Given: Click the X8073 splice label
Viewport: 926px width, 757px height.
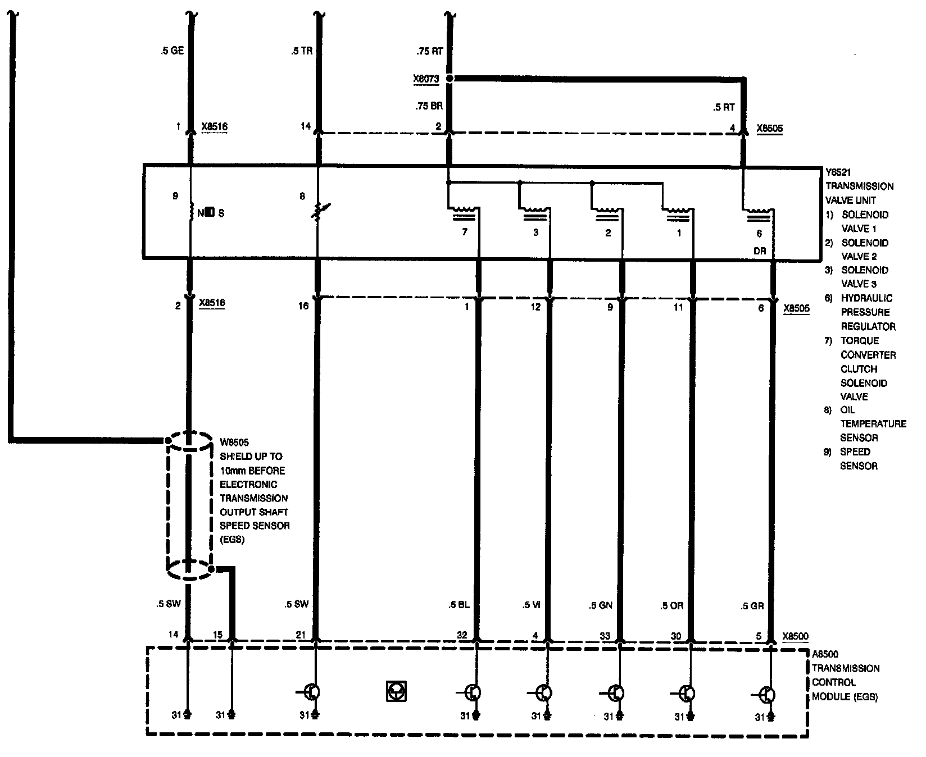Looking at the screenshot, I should pos(425,79).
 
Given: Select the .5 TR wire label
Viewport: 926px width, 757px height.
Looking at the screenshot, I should pos(302,51).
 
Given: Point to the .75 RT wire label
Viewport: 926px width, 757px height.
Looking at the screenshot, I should pos(430,51).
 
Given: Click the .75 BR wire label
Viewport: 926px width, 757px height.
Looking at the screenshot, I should pos(429,106).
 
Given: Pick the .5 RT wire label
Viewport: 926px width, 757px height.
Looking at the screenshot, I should pos(723,107).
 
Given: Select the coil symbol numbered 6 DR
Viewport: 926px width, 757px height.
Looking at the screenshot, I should pos(760,213).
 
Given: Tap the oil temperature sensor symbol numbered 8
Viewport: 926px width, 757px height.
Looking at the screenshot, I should pos(318,212).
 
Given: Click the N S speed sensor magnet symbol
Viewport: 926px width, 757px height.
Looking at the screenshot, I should pos(209,213).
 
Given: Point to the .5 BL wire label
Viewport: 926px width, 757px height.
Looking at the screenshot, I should pos(459,605).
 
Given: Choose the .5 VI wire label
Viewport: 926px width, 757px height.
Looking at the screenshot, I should pos(531,605).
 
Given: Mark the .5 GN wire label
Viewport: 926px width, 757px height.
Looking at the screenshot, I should pos(601,605).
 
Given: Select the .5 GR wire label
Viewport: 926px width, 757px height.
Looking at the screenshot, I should pos(752,606).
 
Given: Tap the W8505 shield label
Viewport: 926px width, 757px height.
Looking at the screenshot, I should pos(234,443).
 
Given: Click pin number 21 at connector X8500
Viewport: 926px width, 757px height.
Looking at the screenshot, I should pos(301,635).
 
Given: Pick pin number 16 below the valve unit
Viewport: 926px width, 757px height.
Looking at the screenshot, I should pos(303,306).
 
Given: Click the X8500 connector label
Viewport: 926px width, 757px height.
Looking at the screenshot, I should pos(796,636).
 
